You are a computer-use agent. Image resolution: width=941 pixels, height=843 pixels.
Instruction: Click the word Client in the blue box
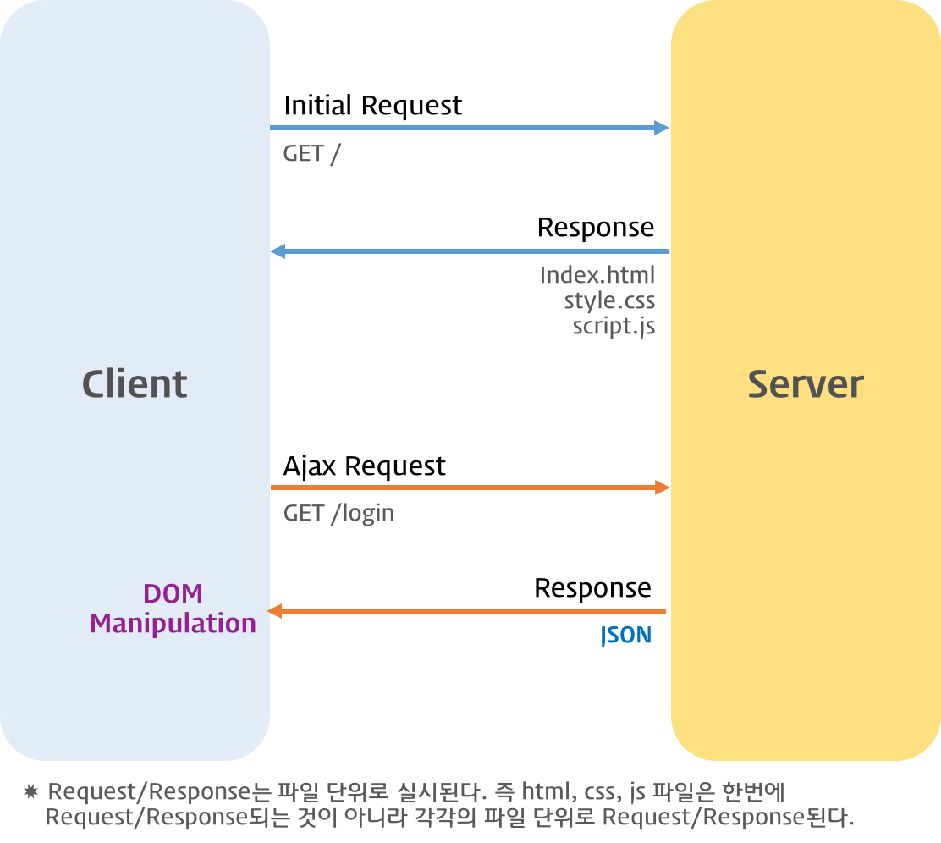[135, 384]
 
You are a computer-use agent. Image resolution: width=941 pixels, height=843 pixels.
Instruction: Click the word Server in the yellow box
[805, 384]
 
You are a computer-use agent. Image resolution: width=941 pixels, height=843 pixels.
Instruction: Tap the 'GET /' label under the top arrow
[311, 155]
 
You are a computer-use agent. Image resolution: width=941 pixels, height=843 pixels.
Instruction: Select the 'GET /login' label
[338, 514]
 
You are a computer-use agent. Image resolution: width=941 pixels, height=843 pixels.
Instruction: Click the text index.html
[597, 275]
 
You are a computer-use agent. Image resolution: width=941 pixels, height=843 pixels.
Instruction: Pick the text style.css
[609, 300]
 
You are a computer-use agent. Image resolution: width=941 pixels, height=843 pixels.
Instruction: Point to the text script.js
[614, 326]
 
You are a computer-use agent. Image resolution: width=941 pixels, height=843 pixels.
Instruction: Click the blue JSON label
[626, 636]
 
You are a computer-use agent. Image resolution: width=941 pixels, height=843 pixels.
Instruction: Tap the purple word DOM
[173, 593]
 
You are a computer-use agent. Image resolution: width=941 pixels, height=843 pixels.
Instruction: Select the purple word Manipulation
[173, 624]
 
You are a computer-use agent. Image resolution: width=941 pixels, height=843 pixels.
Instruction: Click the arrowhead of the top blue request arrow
[662, 128]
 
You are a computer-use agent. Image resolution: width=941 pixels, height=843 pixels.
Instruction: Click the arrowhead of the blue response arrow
[278, 251]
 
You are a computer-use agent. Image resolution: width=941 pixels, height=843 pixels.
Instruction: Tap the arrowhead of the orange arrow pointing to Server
[663, 488]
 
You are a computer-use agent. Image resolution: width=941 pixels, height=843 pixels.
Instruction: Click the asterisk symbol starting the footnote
[31, 792]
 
